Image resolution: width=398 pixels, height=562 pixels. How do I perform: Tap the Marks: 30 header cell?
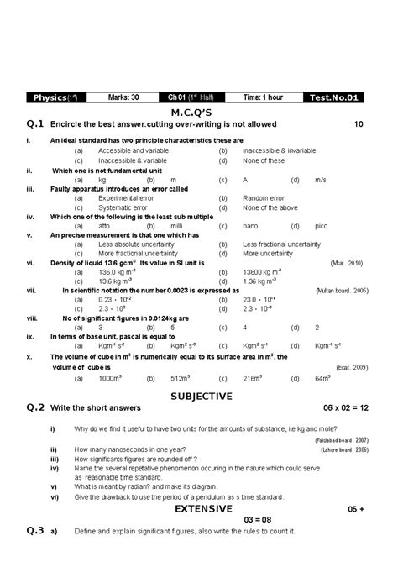pos(123,97)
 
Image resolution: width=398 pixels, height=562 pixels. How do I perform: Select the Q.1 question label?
pos(34,124)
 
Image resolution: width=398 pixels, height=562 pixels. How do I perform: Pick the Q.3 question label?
pos(34,531)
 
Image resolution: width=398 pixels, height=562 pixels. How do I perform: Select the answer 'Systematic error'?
pos(122,207)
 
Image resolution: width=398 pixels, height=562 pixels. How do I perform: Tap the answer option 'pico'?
pos(322,226)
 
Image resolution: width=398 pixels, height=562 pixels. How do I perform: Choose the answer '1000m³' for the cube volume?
pos(110,378)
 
